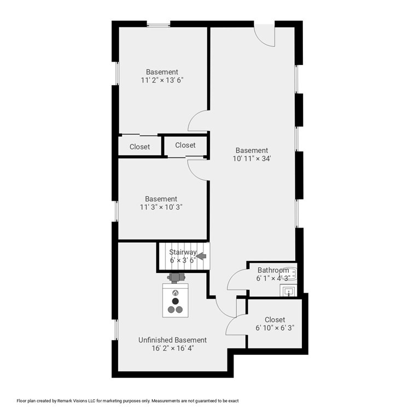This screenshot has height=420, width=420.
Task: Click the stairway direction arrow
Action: (201, 256)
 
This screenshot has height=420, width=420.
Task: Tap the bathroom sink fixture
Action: (288, 290)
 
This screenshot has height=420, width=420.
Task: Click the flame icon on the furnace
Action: (176, 293)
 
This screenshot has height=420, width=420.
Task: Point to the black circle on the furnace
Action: (176, 301)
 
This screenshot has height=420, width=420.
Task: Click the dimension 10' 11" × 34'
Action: (252, 159)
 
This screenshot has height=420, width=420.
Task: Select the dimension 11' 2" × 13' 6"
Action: (162, 80)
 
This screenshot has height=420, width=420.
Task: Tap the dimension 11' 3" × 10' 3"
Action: (161, 207)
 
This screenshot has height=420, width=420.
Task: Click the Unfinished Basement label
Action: (172, 340)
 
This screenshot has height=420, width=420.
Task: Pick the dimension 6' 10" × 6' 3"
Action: (275, 328)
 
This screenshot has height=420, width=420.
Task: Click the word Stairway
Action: (183, 252)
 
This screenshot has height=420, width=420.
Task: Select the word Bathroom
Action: (273, 270)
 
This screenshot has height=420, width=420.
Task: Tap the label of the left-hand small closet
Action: (139, 147)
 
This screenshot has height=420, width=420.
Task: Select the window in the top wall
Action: (158, 25)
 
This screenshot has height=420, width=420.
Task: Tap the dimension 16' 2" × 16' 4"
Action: (172, 348)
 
